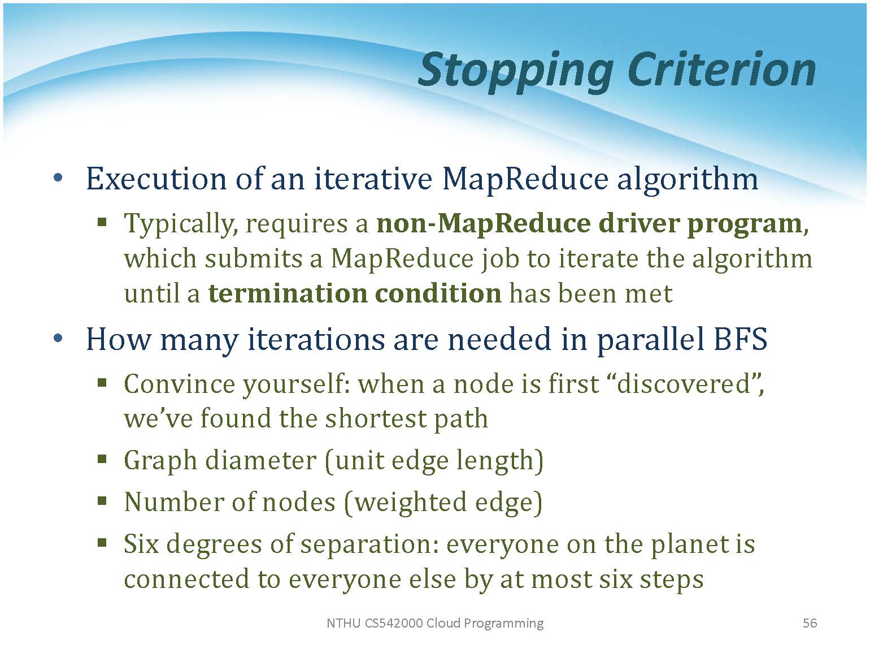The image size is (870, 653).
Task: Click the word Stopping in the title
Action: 516,71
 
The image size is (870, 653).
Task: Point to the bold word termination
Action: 288,294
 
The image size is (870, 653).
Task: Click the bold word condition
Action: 438,294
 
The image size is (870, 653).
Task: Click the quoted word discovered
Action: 683,384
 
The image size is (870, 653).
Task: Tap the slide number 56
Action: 810,623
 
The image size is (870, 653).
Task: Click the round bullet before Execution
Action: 58,178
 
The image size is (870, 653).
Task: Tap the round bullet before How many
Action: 58,338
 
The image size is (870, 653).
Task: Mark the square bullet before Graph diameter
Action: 102,460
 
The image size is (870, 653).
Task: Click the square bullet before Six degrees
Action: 102,542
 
